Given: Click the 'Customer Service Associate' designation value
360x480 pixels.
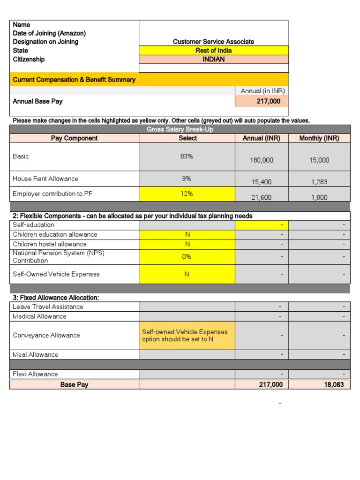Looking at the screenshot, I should [213, 42].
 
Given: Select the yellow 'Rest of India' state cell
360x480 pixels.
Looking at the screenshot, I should [214, 51].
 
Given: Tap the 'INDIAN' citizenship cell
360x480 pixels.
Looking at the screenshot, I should [214, 60].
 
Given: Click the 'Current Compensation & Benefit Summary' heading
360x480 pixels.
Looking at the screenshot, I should [74, 80].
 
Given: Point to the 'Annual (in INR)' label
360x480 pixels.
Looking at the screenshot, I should [262, 91].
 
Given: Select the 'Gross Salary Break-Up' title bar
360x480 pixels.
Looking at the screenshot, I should [180, 129].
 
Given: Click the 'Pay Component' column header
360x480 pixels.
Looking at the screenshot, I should [74, 138].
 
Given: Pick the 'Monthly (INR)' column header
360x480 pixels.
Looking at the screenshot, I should [319, 138].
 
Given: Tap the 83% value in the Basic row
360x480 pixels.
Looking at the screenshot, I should [187, 157].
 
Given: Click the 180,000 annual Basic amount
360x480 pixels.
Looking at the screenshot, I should [262, 160].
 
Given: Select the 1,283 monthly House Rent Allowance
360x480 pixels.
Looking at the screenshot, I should [319, 182].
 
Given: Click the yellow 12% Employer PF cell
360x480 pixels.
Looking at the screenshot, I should [187, 194].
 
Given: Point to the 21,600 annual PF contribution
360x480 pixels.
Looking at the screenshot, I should [262, 198].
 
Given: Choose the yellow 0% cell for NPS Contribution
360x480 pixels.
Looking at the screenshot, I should [187, 257].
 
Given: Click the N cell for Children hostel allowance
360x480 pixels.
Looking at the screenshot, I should [187, 244].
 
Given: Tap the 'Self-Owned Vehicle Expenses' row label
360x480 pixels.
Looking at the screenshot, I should [56, 274].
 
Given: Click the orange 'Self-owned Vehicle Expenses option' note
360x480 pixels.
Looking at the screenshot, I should [187, 336].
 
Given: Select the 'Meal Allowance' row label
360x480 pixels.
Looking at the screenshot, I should [36, 355].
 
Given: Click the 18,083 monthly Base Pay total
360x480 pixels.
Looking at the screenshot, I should [319, 384].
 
